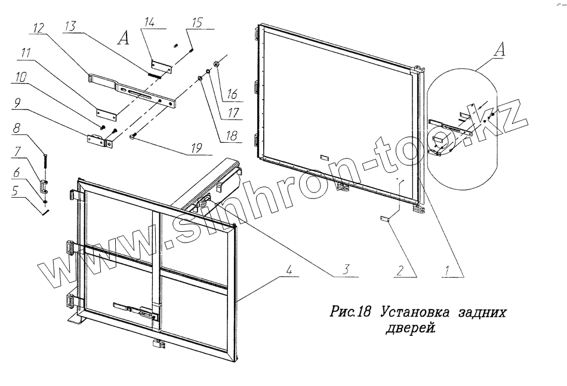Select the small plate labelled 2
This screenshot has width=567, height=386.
pos(385,219)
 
